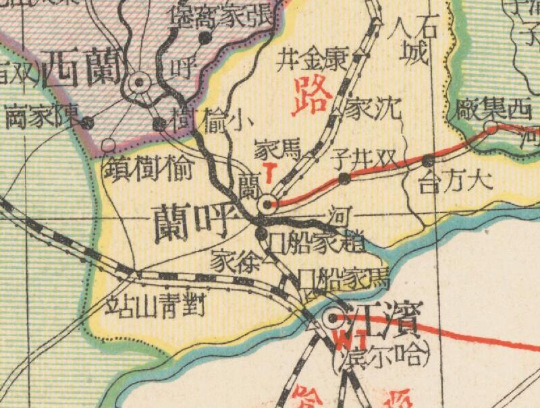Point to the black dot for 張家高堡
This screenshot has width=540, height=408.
[x=204, y=38]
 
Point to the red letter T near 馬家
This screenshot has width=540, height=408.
[x=269, y=173]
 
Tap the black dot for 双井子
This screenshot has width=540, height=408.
[x=344, y=178]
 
